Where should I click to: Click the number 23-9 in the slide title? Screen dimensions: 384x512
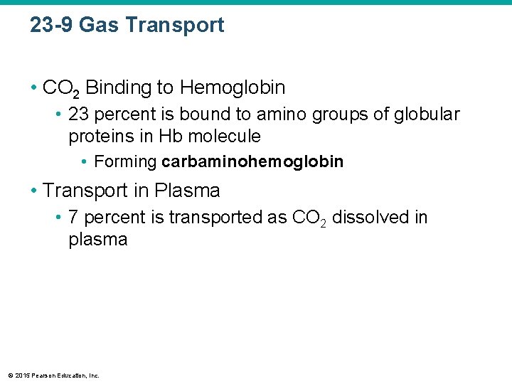pos(51,26)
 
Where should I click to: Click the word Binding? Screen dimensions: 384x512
pos(118,88)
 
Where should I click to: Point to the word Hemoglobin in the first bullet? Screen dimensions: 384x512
pos(233,88)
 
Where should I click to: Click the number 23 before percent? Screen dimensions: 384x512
pos(79,114)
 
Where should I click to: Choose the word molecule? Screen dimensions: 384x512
pos(224,137)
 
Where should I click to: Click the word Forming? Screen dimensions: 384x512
pos(125,162)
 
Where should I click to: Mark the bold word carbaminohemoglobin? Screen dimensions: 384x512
pos(252,162)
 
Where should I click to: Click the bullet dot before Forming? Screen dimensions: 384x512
pos(85,162)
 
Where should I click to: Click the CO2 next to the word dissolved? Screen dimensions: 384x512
pos(310,218)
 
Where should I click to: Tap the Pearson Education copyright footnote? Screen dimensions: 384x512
pos(53,375)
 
